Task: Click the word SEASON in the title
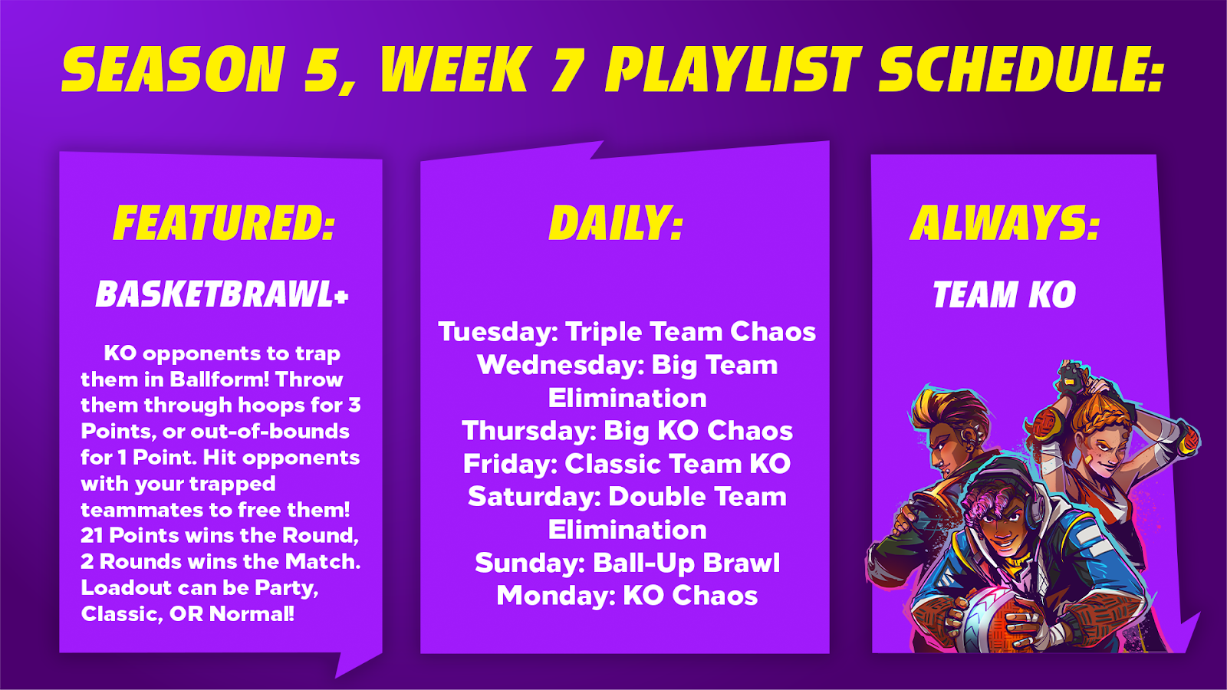point(173,69)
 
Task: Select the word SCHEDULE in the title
point(1021,69)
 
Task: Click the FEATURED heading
point(223,223)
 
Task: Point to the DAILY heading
point(617,223)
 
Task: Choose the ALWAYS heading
point(1004,223)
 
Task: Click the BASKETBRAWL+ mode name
point(222,294)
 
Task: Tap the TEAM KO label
point(1004,294)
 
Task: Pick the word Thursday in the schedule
point(528,431)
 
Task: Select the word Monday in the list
point(556,596)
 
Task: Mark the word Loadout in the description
point(127,588)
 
